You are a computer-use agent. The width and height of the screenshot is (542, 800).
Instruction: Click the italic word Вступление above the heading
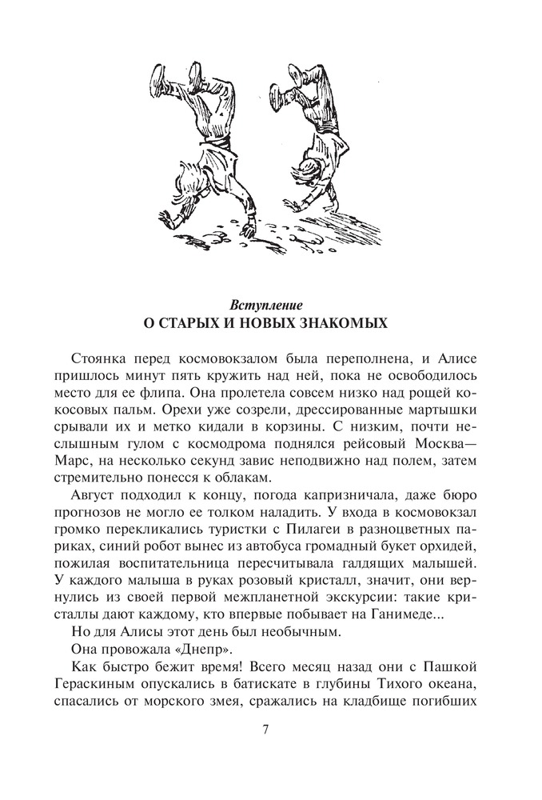(x=270, y=305)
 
